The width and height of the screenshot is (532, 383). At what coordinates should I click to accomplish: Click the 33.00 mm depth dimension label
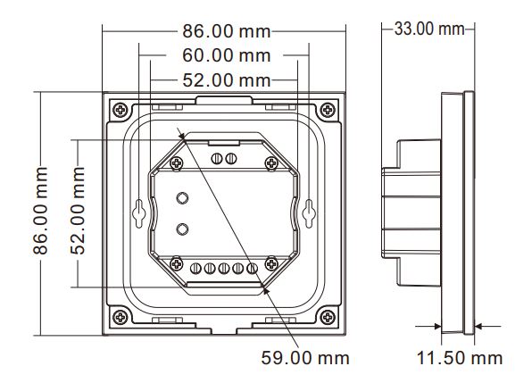pyautogui.click(x=429, y=29)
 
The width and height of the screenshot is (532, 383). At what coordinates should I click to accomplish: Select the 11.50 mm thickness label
pyautogui.click(x=459, y=358)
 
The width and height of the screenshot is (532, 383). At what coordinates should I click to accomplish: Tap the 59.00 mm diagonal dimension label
pyautogui.click(x=305, y=358)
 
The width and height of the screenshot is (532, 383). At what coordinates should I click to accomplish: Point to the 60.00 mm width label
pyautogui.click(x=227, y=55)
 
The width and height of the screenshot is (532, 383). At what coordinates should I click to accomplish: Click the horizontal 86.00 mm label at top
pyautogui.click(x=227, y=31)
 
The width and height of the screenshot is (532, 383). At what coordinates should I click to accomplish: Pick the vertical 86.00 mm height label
pyautogui.click(x=40, y=211)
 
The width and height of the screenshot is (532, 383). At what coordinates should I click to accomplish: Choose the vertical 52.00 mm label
pyautogui.click(x=78, y=211)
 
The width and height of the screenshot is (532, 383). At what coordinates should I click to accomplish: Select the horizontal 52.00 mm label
pyautogui.click(x=227, y=80)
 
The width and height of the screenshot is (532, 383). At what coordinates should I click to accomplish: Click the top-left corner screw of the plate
pyautogui.click(x=121, y=110)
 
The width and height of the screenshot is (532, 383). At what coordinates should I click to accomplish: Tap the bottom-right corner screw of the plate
pyautogui.click(x=328, y=317)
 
